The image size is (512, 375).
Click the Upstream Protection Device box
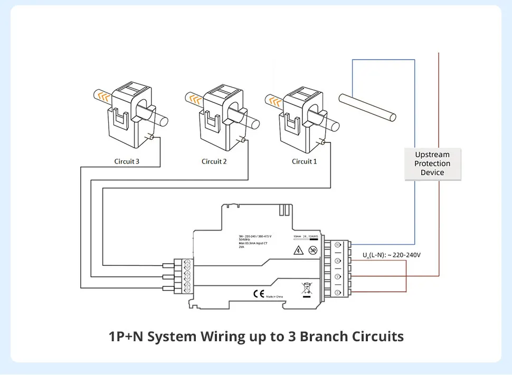432,164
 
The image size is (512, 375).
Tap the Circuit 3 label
127,161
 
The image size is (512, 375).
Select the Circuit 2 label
214,161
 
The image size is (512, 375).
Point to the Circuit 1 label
305,161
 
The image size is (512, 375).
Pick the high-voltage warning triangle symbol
298,250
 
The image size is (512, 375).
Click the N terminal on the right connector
337,245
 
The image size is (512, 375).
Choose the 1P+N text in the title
126,336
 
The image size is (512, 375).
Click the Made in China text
276,296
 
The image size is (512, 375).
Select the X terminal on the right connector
337,261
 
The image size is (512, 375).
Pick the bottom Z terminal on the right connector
337,292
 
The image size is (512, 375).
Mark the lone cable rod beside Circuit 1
367,108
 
